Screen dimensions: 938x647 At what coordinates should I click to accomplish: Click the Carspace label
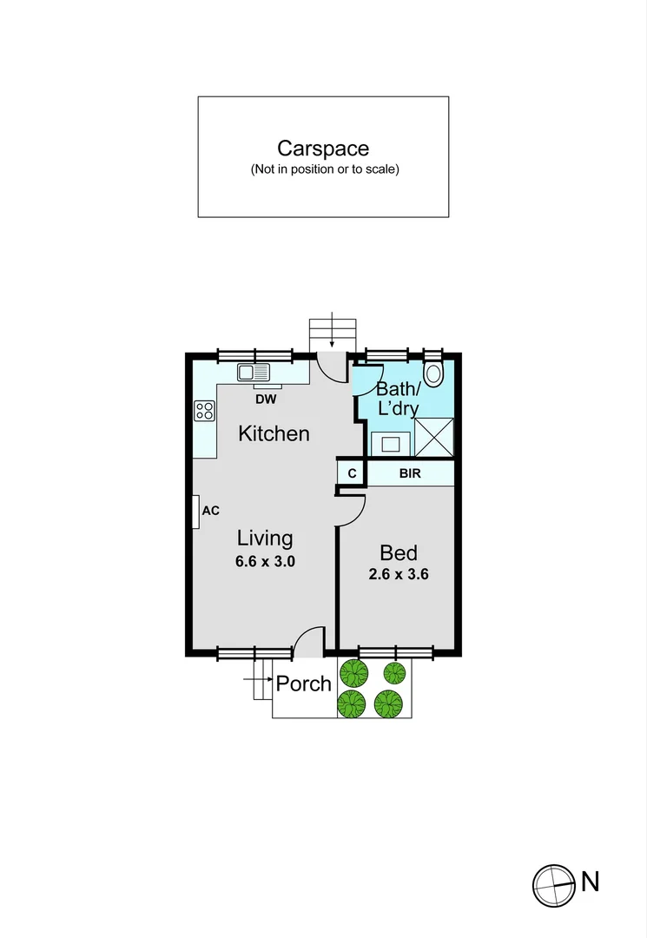click(323, 149)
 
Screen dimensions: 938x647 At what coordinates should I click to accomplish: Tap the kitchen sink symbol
click(255, 373)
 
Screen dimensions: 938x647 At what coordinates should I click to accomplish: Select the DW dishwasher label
click(267, 400)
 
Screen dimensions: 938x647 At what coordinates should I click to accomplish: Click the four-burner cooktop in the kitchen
click(205, 410)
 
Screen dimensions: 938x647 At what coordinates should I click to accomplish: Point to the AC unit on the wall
click(197, 512)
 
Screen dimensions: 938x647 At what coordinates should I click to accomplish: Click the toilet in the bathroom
click(432, 374)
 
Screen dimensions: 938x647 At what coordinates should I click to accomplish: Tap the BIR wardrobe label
click(410, 474)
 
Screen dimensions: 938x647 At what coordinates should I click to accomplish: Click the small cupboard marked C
click(352, 474)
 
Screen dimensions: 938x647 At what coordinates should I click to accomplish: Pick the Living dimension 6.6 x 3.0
click(266, 562)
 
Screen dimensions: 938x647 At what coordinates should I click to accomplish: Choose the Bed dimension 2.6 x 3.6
click(399, 574)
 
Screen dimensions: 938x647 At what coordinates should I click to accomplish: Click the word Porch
click(304, 684)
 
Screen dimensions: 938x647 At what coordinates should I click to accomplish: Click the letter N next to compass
click(591, 882)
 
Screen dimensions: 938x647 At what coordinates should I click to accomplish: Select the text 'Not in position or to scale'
click(324, 170)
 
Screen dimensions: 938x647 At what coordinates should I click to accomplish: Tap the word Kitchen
click(274, 433)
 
